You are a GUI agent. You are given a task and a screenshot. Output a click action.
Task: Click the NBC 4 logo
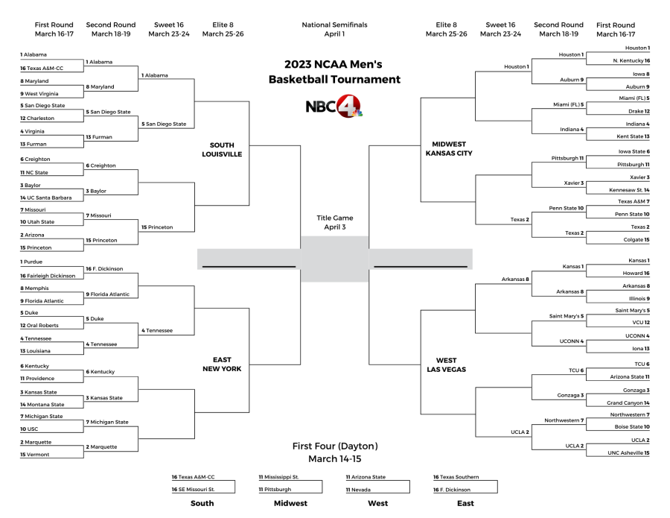pyautogui.click(x=334, y=107)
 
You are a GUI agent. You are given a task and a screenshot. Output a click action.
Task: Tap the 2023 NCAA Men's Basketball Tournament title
pyautogui.click(x=334, y=72)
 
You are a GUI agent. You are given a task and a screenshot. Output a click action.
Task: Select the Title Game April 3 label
pyautogui.click(x=334, y=222)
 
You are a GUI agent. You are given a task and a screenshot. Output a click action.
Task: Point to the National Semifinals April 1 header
pyautogui.click(x=334, y=29)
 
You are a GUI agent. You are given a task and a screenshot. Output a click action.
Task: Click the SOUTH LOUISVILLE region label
pyautogui.click(x=222, y=149)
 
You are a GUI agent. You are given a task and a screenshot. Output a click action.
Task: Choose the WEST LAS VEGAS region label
pyautogui.click(x=447, y=364)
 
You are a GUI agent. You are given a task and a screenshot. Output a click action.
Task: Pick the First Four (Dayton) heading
pyautogui.click(x=334, y=452)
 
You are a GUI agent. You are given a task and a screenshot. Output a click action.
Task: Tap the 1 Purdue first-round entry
pyautogui.click(x=32, y=262)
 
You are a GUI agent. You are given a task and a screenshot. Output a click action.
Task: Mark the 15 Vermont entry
pyautogui.click(x=35, y=454)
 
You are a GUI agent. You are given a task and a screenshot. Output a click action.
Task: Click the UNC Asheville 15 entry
pyautogui.click(x=628, y=452)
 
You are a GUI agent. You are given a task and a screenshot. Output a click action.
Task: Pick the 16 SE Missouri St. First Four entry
pyautogui.click(x=194, y=490)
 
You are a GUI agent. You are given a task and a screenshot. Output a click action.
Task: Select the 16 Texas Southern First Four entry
pyautogui.click(x=456, y=477)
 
